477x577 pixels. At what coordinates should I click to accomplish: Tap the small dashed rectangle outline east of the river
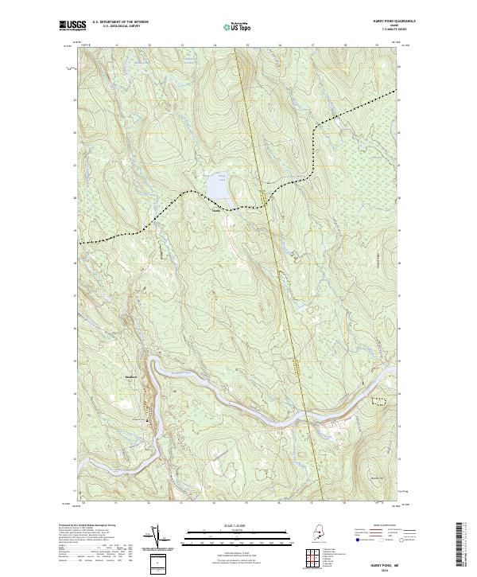click(382, 401)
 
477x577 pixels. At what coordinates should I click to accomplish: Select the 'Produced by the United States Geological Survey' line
click(87, 525)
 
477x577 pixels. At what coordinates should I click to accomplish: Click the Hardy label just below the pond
click(215, 211)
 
